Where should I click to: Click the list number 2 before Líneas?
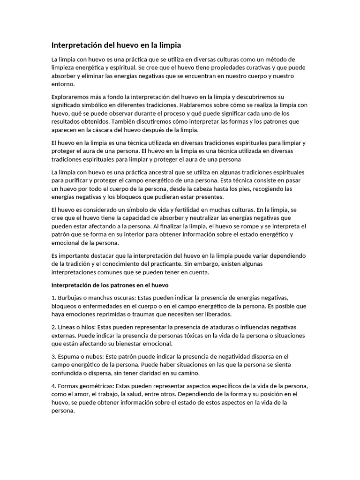tap(53, 327)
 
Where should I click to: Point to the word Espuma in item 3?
tap(70, 356)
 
